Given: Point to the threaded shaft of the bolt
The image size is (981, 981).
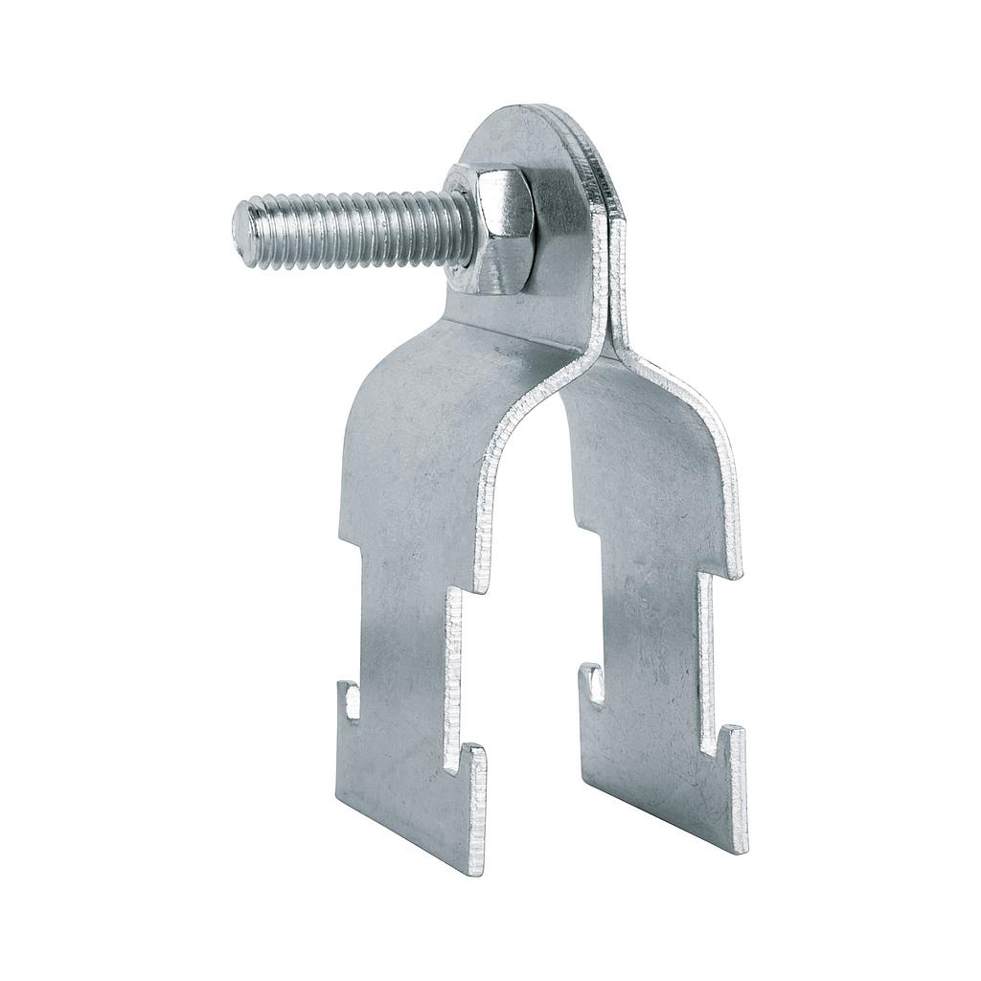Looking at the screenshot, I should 354,230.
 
